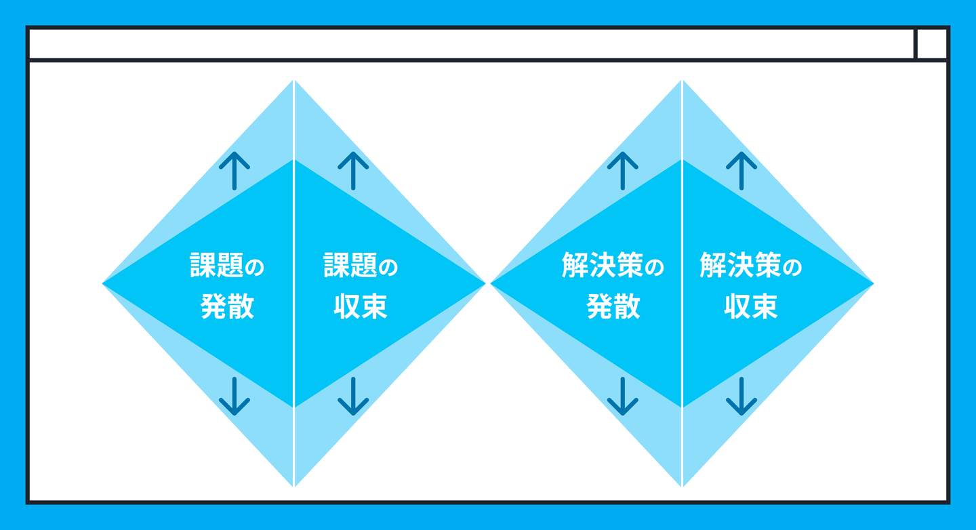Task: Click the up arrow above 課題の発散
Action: coord(235,170)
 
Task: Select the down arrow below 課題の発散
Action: coord(235,396)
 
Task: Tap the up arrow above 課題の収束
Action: coord(353,170)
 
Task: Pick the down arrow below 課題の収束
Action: coord(353,396)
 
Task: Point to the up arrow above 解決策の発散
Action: coord(623,170)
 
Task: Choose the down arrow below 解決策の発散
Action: coord(623,396)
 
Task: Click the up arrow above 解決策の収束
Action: coord(741,170)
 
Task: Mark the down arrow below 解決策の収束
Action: coord(741,396)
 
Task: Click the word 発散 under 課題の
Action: coord(228,307)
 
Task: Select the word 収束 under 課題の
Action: coord(361,307)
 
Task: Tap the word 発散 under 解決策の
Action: coord(613,307)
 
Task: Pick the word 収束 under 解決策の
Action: coord(750,307)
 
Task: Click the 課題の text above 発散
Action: coord(228,266)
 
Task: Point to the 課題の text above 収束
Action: coord(361,266)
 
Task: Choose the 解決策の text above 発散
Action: coord(613,266)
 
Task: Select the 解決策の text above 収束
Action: coord(750,266)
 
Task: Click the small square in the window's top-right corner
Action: coord(932,44)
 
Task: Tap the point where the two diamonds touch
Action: coord(488,283)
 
